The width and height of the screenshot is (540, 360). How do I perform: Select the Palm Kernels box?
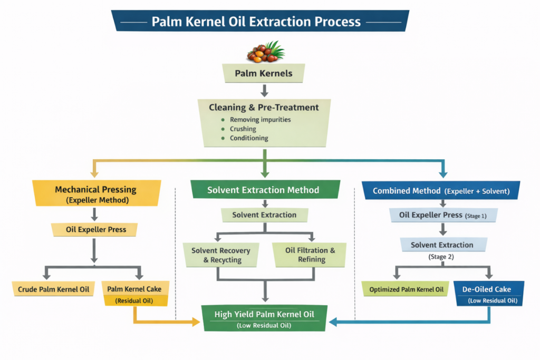pos(264,73)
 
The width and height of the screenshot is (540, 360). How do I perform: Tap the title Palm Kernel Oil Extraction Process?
pos(256,22)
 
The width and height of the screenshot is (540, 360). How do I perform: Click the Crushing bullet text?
pos(243,129)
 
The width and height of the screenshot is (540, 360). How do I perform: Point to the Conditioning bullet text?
pos(249,138)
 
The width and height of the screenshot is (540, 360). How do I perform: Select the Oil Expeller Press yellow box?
pos(95,229)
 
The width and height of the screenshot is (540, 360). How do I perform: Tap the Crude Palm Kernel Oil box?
pos(53,289)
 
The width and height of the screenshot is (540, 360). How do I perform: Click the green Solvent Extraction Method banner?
pos(263,190)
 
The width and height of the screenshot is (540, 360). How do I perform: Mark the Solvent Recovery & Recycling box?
pos(220,255)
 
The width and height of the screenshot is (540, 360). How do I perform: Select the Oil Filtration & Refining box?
pos(310,255)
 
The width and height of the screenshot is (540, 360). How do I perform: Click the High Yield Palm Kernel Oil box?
pos(264,318)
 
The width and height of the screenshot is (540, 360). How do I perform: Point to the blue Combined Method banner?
pos(441,191)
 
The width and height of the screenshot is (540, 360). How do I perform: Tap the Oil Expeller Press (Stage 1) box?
pos(442,215)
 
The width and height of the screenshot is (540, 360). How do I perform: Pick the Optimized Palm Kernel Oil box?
pos(405,289)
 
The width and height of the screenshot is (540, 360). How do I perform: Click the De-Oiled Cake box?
pos(490,294)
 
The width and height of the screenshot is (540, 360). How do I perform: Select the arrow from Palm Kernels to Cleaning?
pos(264,90)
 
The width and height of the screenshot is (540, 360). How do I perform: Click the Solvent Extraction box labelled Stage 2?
pos(442,245)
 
